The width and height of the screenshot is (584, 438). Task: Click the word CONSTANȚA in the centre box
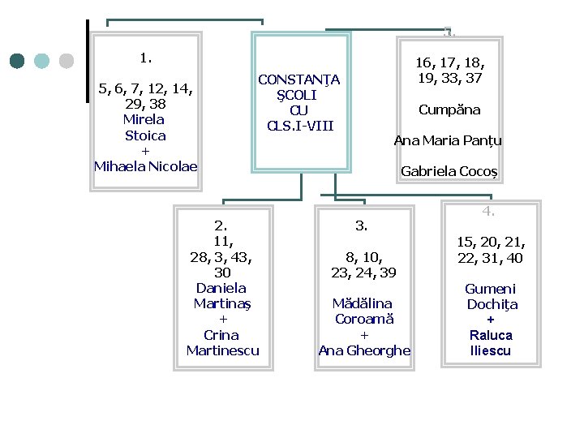[298, 79]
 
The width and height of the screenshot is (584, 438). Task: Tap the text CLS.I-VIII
[299, 126]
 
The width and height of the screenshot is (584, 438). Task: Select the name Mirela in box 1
[145, 119]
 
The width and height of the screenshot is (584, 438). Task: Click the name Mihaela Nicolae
[145, 166]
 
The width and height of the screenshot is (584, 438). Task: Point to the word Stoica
[145, 135]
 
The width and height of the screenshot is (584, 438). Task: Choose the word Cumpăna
[449, 109]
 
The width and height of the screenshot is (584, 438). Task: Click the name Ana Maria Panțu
[448, 140]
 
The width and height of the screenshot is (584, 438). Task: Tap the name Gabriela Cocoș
[449, 172]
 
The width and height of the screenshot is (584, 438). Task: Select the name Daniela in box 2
[221, 288]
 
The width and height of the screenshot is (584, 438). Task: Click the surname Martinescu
[222, 350]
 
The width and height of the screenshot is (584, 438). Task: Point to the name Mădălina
[363, 303]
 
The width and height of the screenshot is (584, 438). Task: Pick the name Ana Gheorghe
[364, 350]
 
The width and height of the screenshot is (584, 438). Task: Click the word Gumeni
[490, 289]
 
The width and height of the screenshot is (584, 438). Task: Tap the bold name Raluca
[491, 335]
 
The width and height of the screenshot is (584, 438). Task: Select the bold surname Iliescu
[491, 350]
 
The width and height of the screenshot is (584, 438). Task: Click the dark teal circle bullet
[17, 61]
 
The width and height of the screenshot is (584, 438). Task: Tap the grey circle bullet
[67, 61]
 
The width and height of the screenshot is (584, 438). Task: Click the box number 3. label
[362, 225]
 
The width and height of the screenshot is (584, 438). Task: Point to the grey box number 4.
[488, 212]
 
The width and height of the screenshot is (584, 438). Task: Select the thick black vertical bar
[87, 61]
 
